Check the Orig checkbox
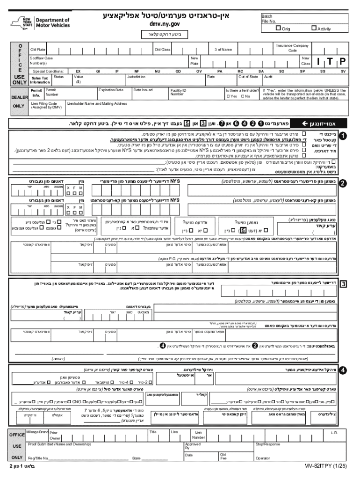click(x=278, y=29)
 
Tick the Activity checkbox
click(x=314, y=29)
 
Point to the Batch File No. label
click(x=268, y=19)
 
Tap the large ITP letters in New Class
click(x=330, y=61)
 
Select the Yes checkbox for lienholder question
click(x=228, y=96)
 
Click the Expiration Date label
click(x=111, y=89)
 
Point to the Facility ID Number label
click(x=178, y=92)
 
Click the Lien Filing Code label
click(x=44, y=105)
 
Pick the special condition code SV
click(x=343, y=71)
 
